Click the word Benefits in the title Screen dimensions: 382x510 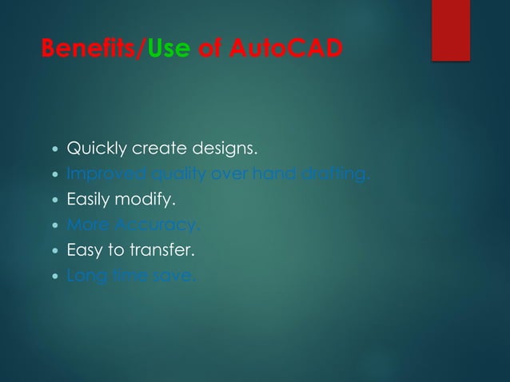click(x=90, y=49)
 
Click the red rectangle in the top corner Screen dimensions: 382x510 click(x=451, y=30)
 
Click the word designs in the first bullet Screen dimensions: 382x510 click(x=221, y=149)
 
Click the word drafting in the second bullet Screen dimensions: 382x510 click(x=342, y=174)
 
